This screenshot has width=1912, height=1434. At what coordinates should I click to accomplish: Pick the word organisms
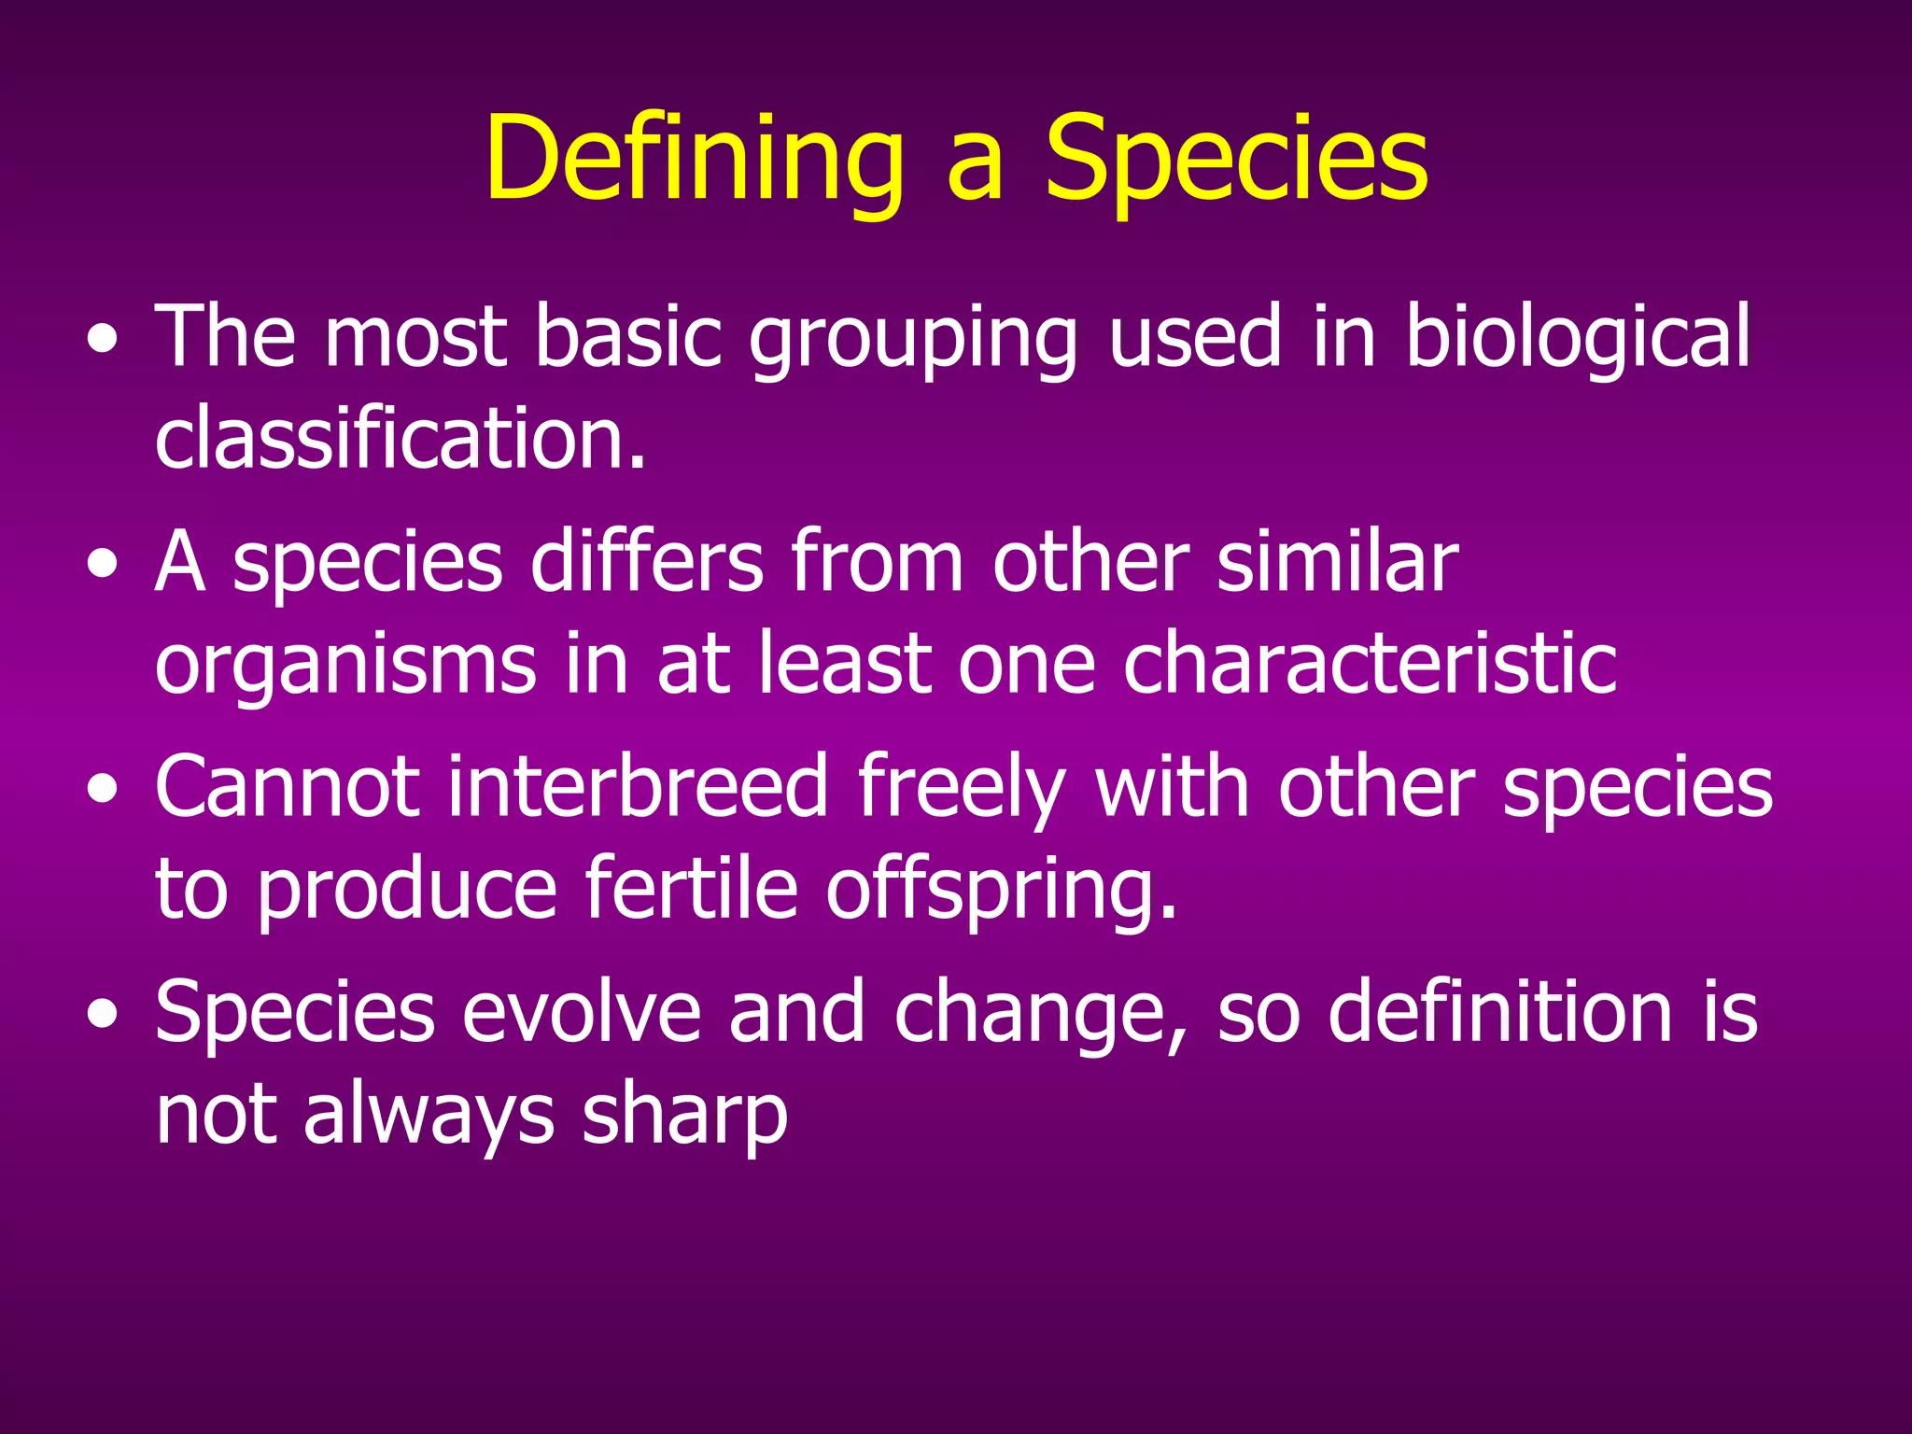(x=345, y=665)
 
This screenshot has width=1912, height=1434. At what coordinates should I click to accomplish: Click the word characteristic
(x=1370, y=665)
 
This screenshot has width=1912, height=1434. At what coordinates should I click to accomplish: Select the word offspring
(x=1001, y=891)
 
